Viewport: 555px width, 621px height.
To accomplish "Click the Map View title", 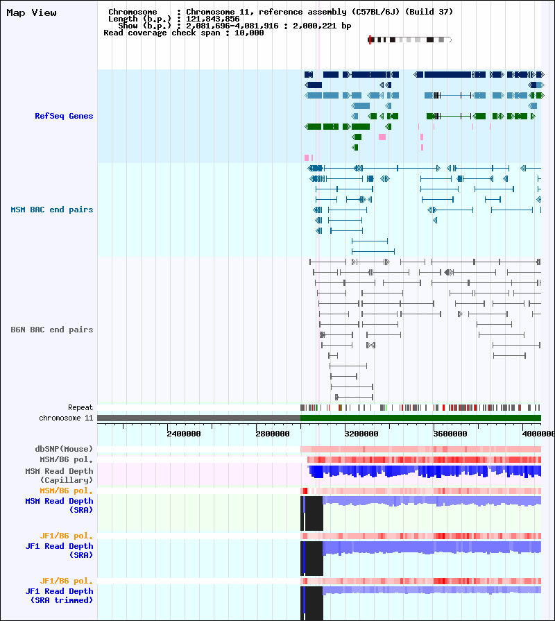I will coord(31,13).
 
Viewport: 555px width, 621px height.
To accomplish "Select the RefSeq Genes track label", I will coord(64,116).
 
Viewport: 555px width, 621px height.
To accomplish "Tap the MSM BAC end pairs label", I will coord(51,210).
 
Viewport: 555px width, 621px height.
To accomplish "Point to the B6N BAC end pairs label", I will coord(51,330).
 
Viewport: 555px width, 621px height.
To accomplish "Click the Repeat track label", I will coord(80,407).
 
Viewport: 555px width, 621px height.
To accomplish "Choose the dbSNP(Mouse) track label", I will coord(64,449).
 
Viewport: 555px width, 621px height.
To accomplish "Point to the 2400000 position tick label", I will coord(184,434).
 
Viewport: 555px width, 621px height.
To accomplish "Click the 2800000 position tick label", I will coord(273,434).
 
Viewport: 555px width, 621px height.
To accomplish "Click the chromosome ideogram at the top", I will coord(410,40).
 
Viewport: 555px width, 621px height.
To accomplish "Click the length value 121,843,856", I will coord(213,19).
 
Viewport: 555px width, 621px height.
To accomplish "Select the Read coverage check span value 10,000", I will coord(249,33).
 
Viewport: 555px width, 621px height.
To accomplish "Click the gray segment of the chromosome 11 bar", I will coord(198,418).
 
